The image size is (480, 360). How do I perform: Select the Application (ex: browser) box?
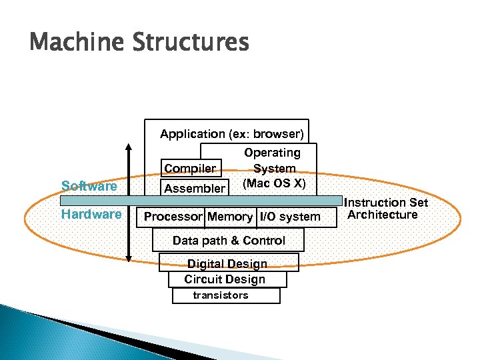pyautogui.click(x=231, y=134)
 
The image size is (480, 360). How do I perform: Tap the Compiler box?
pyautogui.click(x=190, y=169)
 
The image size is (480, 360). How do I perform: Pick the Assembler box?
pyautogui.click(x=194, y=188)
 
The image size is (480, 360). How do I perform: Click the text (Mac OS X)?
pyautogui.click(x=274, y=183)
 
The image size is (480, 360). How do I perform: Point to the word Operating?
pyautogui.click(x=272, y=153)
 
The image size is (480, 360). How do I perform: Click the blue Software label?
pyautogui.click(x=89, y=186)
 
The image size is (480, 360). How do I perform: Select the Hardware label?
pyautogui.click(x=91, y=215)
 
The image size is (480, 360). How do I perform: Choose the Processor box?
pyautogui.click(x=173, y=217)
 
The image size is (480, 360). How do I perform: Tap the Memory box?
pyautogui.click(x=230, y=217)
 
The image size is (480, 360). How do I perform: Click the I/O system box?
pyautogui.click(x=289, y=217)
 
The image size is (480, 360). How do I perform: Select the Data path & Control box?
pyautogui.click(x=228, y=241)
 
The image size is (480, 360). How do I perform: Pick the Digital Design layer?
pyautogui.click(x=227, y=264)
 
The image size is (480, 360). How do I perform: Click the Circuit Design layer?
pyautogui.click(x=225, y=279)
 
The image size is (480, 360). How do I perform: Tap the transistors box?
pyautogui.click(x=221, y=295)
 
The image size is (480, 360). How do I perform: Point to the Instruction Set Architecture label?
pyautogui.click(x=385, y=208)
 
